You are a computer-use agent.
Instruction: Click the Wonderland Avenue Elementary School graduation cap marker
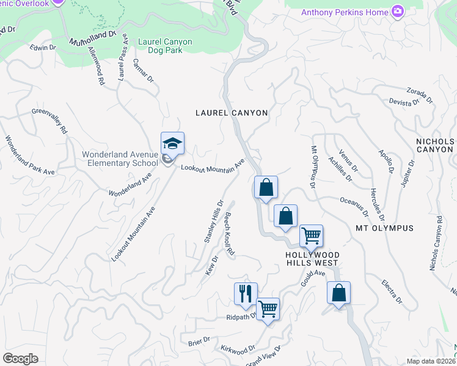click(x=172, y=144)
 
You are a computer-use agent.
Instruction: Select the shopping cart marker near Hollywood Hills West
click(x=312, y=235)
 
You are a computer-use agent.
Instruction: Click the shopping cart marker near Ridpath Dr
click(x=268, y=309)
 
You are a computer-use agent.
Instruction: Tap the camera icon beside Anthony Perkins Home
click(x=398, y=12)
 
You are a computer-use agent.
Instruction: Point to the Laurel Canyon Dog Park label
click(x=165, y=46)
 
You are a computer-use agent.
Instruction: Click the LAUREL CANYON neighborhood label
click(x=232, y=113)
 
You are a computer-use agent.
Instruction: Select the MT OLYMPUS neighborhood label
click(x=385, y=228)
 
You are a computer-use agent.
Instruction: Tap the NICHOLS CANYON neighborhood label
click(x=434, y=145)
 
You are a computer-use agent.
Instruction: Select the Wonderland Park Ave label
click(x=30, y=156)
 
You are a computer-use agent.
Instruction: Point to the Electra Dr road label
click(x=391, y=291)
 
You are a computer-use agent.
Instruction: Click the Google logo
click(x=20, y=359)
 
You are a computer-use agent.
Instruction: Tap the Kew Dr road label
click(x=212, y=265)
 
